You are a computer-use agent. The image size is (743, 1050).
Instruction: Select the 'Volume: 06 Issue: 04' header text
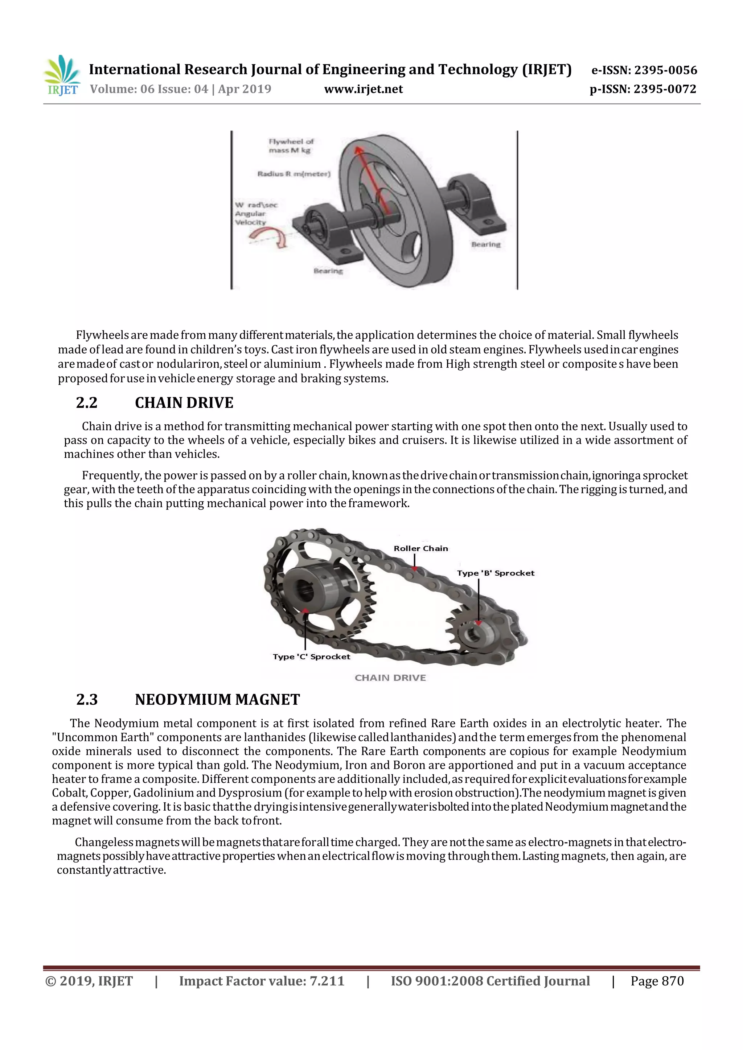coord(149,89)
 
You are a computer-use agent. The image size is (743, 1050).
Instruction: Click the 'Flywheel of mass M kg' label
coord(291,146)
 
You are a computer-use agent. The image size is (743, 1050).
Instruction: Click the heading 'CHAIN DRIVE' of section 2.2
coord(184,403)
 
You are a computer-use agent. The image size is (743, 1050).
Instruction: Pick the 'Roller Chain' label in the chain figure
coord(420,548)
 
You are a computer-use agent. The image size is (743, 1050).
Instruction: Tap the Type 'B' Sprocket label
coord(495,573)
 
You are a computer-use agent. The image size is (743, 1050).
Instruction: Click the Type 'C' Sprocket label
coord(311,657)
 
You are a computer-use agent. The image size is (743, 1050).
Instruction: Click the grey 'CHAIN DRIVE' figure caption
coord(390,678)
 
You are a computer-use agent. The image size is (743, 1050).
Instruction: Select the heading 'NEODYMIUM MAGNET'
coord(217,700)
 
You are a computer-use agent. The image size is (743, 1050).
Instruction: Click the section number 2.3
coord(87,700)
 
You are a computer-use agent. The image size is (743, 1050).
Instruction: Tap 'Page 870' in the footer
coord(657,981)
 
